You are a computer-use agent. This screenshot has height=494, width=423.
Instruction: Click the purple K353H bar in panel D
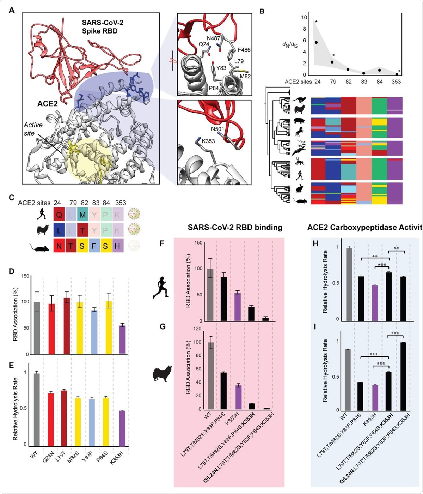point(122,339)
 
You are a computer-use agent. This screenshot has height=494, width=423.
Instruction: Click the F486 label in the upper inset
point(243,50)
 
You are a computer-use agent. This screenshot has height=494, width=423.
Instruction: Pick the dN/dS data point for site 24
point(316,42)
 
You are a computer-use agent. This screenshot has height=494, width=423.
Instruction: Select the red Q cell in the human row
point(59,214)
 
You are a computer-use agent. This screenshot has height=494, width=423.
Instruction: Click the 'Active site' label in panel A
point(33,129)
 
